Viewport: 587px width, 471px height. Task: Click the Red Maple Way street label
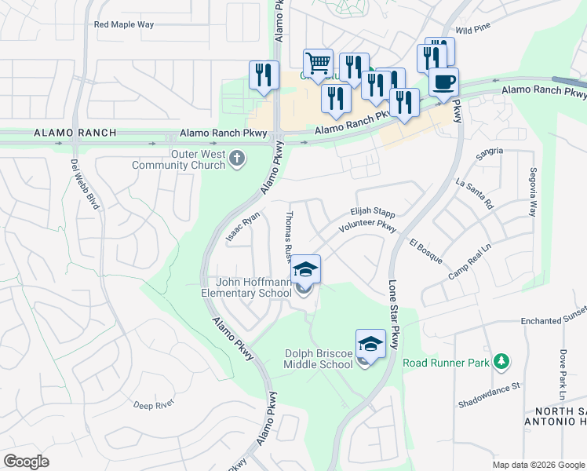(124, 24)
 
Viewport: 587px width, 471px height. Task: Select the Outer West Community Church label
(178, 160)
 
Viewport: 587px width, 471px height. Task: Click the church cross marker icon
(237, 160)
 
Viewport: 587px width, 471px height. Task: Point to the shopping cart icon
(318, 63)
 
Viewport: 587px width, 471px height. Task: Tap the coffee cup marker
(443, 82)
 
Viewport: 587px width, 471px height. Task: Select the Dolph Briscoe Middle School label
(318, 359)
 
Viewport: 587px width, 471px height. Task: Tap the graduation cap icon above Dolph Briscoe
(370, 343)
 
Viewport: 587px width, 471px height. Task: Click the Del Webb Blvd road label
(86, 184)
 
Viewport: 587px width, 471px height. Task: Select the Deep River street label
(153, 405)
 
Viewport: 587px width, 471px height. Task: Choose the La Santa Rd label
(474, 192)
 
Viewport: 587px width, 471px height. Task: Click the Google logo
(26, 462)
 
